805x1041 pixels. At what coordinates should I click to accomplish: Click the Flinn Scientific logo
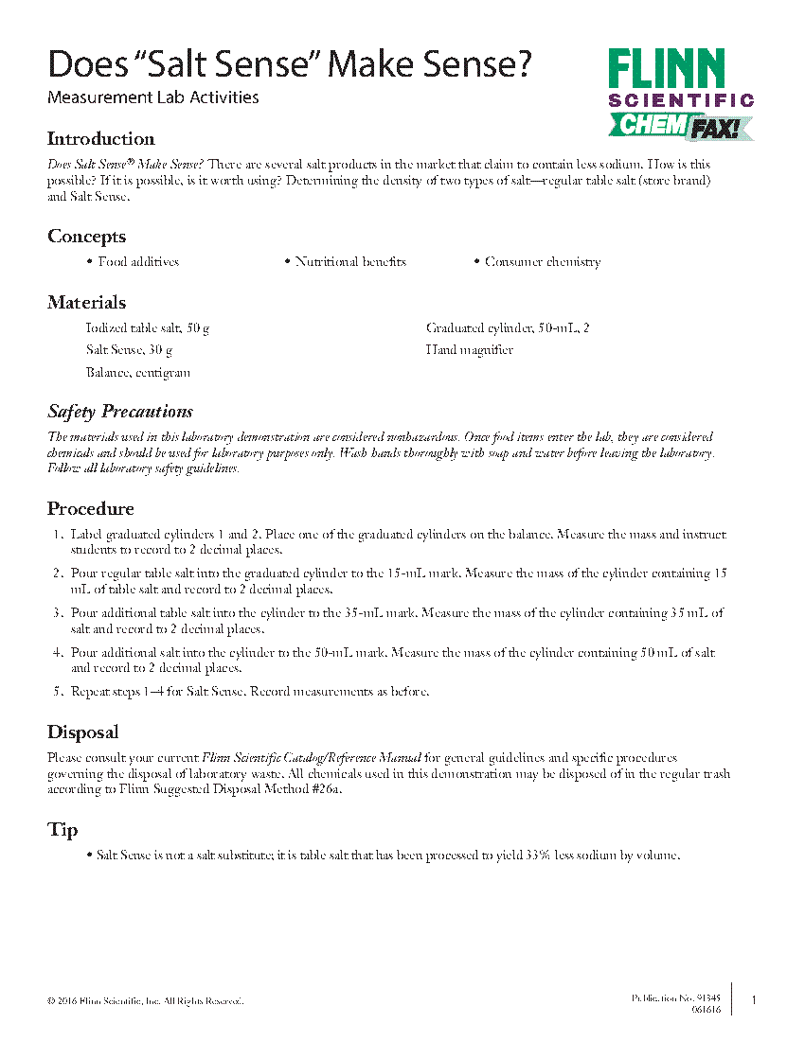(680, 79)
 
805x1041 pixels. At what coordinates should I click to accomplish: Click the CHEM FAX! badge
(680, 126)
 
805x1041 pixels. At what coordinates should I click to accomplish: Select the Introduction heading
(100, 139)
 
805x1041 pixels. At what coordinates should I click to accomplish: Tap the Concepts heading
(86, 237)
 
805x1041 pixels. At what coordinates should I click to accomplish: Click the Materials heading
(86, 303)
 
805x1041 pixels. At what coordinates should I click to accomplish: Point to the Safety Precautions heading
(120, 412)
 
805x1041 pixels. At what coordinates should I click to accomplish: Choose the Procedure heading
(91, 509)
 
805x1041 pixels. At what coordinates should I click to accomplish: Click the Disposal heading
(83, 732)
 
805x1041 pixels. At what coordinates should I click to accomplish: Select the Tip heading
(63, 830)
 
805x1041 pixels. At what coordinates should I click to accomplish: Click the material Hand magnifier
(469, 350)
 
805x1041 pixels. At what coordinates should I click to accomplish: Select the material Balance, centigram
(137, 373)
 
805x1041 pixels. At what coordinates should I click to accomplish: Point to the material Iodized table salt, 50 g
(147, 328)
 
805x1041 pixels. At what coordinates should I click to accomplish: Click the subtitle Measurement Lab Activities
(152, 97)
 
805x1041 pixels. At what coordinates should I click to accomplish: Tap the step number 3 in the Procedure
(58, 613)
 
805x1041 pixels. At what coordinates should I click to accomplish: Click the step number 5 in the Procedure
(58, 692)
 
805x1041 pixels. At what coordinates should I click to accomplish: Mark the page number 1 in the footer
(754, 1000)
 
